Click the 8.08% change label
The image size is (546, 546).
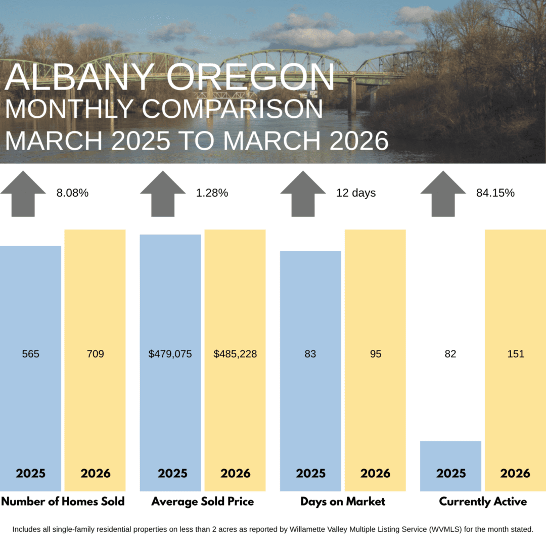click(72, 193)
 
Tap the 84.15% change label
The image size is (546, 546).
click(495, 193)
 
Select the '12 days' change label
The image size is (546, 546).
click(356, 193)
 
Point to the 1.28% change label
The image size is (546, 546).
click(212, 193)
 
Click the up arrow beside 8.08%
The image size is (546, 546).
click(23, 193)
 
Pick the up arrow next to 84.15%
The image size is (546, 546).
click(443, 193)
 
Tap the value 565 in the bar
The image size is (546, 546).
click(30, 354)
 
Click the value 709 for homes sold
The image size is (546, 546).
click(95, 354)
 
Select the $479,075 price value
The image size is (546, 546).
click(170, 354)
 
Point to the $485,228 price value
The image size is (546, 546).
click(235, 354)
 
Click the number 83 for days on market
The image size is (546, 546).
click(310, 354)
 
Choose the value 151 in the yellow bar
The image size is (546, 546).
click(516, 354)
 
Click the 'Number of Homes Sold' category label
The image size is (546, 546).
click(63, 502)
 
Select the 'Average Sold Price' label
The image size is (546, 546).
click(203, 502)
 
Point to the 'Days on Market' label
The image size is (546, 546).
click(343, 502)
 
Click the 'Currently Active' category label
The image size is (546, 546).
click(483, 502)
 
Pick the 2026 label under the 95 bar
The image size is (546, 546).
click(375, 473)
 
